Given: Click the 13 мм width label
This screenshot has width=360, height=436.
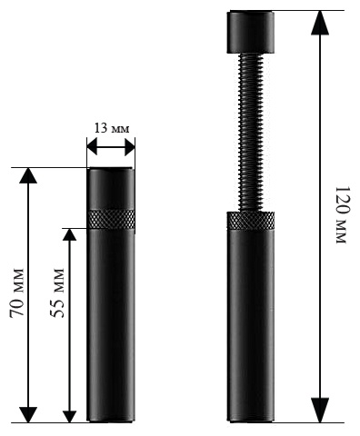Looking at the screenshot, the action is point(112,128).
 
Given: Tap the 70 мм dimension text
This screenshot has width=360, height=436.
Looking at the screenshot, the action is point(16,292).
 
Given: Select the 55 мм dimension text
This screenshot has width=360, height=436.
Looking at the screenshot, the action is point(57,292).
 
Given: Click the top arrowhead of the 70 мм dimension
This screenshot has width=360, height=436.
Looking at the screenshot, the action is point(28,175).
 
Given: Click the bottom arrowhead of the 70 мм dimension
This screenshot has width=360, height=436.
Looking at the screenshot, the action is point(28,414).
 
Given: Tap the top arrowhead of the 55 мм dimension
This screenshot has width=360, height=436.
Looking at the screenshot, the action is point(69,234).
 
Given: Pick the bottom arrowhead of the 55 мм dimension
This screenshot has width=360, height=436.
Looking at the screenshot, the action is point(69,416).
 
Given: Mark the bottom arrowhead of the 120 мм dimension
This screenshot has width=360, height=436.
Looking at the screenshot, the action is point(320,410).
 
